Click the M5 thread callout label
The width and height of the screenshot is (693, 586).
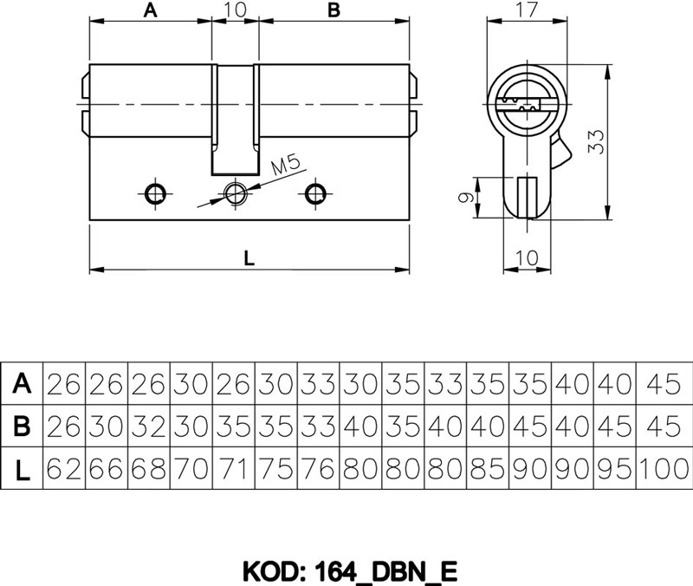coord(286,165)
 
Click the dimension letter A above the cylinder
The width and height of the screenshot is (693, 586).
coord(150,10)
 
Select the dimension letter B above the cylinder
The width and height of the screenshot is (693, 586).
coord(334,10)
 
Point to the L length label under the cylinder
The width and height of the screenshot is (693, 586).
coord(249,257)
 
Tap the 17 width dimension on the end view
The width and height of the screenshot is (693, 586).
coord(528,10)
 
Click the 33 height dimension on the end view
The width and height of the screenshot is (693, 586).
coord(596,141)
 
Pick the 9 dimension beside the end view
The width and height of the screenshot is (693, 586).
coord(466,197)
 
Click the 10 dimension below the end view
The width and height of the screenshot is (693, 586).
coord(528,257)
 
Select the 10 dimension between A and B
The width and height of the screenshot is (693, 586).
coord(235,10)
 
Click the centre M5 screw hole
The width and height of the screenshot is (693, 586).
coord(235,193)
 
